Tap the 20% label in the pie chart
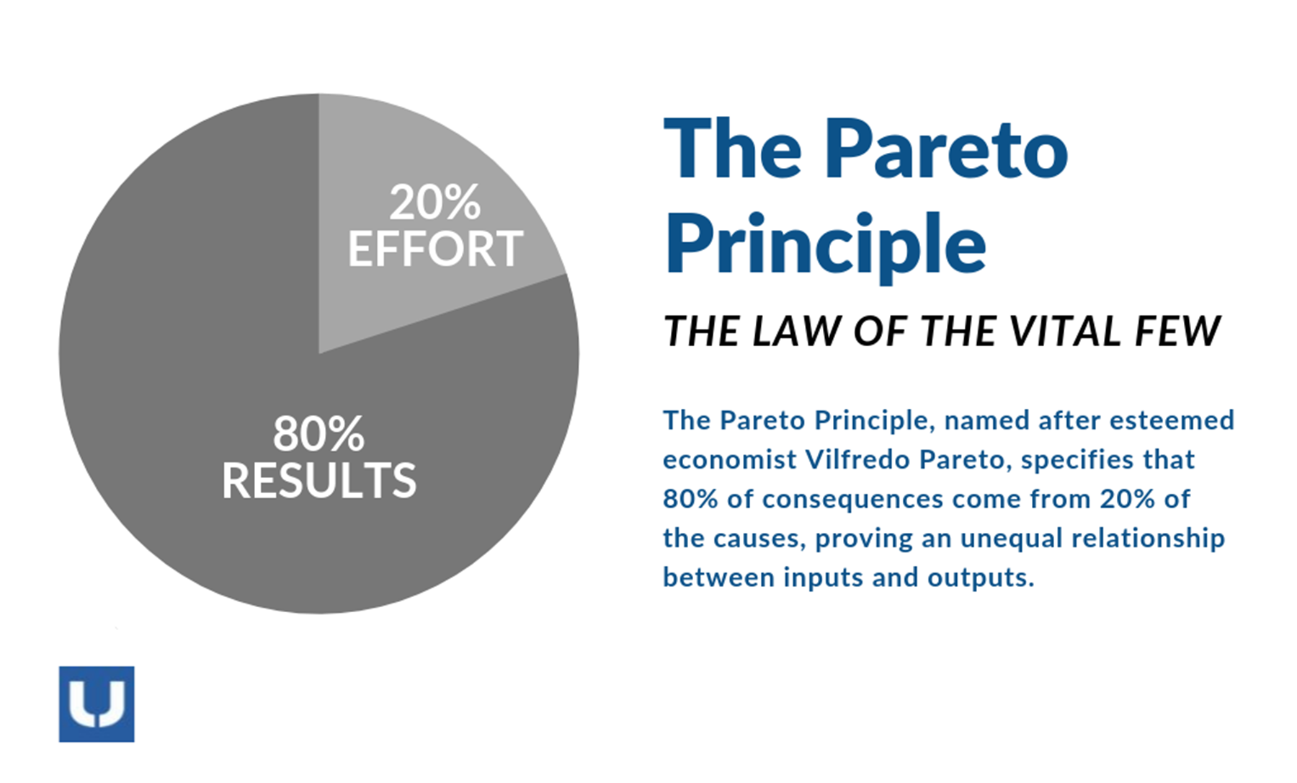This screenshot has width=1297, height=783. point(434,203)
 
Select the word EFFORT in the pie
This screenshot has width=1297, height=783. point(435,249)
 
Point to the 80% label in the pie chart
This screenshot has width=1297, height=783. point(318,434)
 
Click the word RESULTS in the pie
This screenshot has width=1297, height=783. point(318,480)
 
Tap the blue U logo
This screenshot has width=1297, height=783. point(97,704)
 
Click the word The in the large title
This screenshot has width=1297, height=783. point(732,150)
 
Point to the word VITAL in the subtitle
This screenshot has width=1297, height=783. point(1064,332)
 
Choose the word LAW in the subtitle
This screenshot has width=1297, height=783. point(795,332)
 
